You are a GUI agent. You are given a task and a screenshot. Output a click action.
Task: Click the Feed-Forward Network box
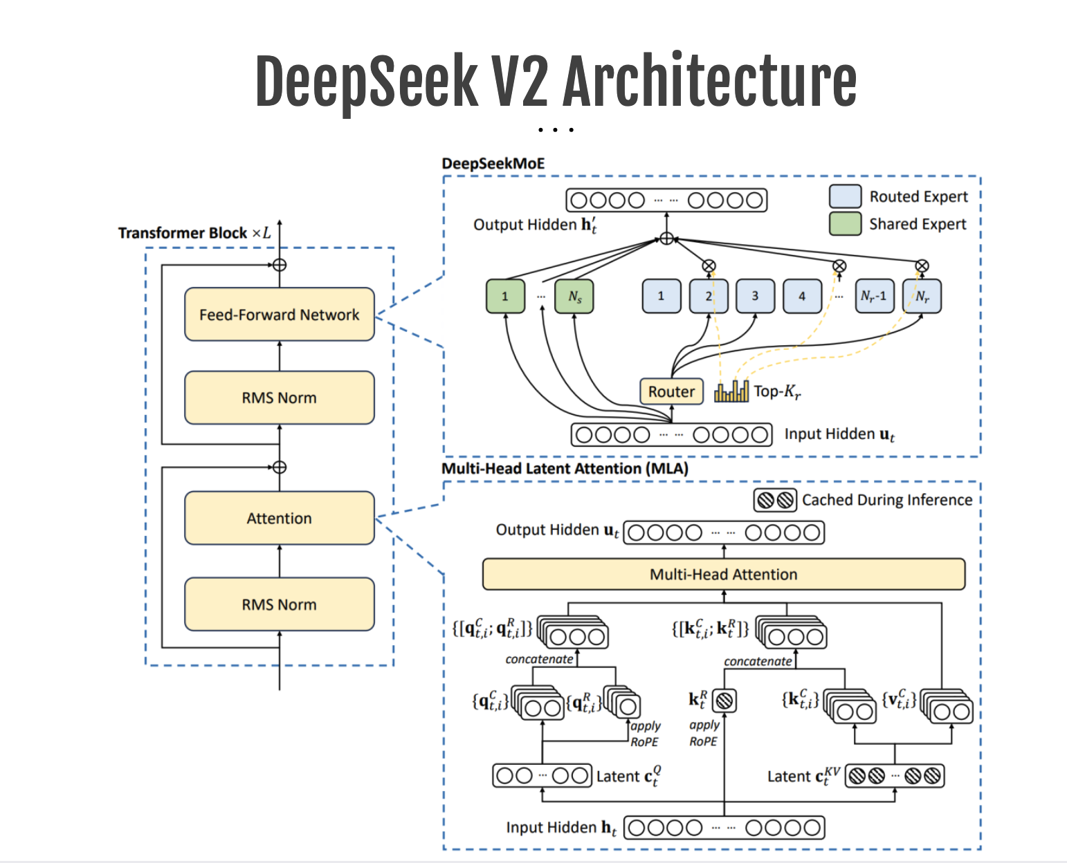[x=279, y=315]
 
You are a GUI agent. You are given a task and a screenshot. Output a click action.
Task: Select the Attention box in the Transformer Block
[x=279, y=518]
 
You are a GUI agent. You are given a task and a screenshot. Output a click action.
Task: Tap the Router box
[x=671, y=391]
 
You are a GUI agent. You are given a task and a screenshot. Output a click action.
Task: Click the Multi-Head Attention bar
[x=723, y=574]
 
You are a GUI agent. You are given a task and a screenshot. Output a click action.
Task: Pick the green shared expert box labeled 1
[x=505, y=296]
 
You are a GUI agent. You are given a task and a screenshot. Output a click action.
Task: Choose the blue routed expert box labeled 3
[x=755, y=296]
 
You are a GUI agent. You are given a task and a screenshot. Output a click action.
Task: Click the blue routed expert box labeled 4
[x=802, y=296]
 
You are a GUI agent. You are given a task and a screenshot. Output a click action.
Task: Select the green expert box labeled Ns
[x=574, y=296]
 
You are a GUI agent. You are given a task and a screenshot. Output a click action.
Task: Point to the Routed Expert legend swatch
[x=845, y=196]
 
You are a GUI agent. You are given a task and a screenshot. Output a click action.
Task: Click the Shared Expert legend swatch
[x=845, y=224]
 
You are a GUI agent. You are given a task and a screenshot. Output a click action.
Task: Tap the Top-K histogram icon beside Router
[x=731, y=391]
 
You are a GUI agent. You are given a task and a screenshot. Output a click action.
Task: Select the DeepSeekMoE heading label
[x=493, y=164]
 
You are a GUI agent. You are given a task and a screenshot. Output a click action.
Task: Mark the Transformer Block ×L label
[x=194, y=233]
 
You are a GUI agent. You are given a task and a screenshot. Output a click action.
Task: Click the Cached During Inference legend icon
[x=775, y=500]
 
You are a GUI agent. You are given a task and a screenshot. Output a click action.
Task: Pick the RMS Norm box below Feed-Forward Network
[x=279, y=398]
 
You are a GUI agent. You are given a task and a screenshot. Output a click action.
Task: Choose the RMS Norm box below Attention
[x=279, y=604]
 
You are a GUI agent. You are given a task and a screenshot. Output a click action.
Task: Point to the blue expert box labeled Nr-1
[x=874, y=296]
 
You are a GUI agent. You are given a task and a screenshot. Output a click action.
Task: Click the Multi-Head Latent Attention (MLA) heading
[x=565, y=469]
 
